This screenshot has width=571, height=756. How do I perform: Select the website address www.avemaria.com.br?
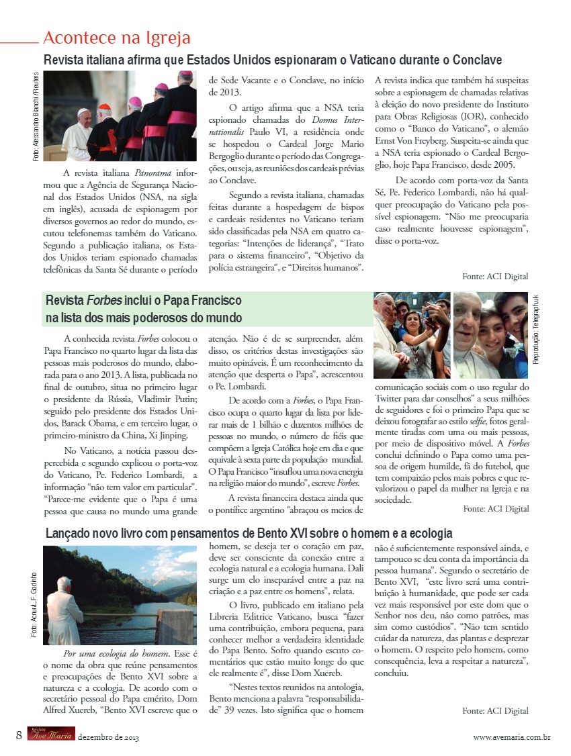[x=512, y=737]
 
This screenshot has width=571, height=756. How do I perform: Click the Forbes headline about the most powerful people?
[x=143, y=309]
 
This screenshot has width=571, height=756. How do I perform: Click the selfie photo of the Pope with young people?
[x=412, y=335]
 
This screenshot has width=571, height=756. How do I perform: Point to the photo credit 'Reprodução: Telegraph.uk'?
[x=535, y=329]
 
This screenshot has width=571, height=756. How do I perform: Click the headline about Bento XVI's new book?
[x=249, y=534]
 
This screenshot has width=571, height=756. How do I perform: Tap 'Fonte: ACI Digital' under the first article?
[x=495, y=276]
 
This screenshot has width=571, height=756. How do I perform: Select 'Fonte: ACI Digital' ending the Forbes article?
[x=496, y=508]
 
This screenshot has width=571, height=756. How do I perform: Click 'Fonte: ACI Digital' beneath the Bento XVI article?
[x=495, y=710]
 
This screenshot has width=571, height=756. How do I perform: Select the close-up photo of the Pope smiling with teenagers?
[x=490, y=335]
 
